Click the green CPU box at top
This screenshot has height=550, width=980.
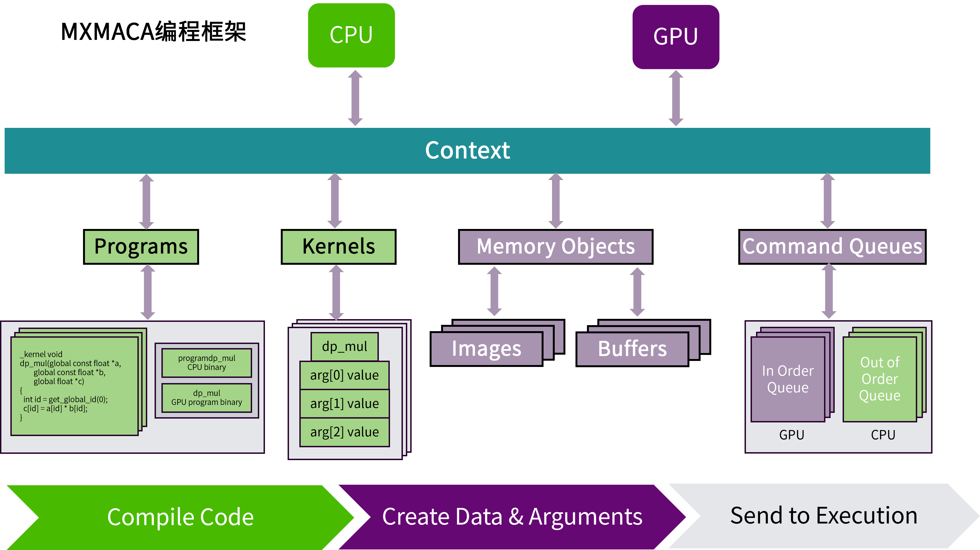(351, 36)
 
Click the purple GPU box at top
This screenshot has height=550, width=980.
(676, 37)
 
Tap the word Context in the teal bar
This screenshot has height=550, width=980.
(467, 150)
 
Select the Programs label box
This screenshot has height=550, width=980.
(141, 247)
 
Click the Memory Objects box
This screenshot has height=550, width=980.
(556, 247)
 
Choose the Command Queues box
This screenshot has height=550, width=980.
(832, 247)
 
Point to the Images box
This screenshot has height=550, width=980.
(486, 349)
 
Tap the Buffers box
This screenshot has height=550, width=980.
(632, 349)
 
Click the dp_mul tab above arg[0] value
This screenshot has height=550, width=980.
(344, 346)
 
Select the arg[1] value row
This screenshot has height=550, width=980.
(344, 404)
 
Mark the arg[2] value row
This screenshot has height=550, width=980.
(344, 432)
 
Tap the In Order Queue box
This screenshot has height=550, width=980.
(787, 379)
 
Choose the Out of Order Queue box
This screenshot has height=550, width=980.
(879, 379)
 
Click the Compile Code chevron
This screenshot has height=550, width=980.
(180, 517)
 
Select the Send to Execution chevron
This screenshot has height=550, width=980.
(824, 516)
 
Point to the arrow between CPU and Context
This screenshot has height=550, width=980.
(355, 98)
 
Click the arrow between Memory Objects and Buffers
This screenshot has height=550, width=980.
(637, 292)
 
